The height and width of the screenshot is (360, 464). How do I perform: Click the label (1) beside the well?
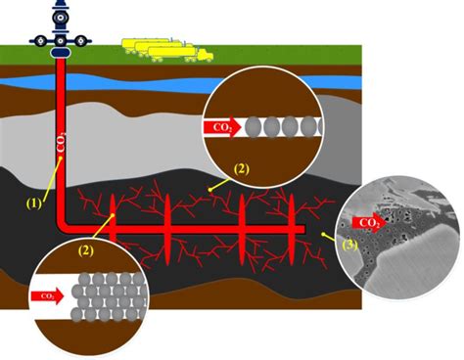[34, 203]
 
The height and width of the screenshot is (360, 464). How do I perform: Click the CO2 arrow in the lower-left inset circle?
[46, 293]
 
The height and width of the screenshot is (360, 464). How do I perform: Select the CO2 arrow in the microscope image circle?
[369, 224]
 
